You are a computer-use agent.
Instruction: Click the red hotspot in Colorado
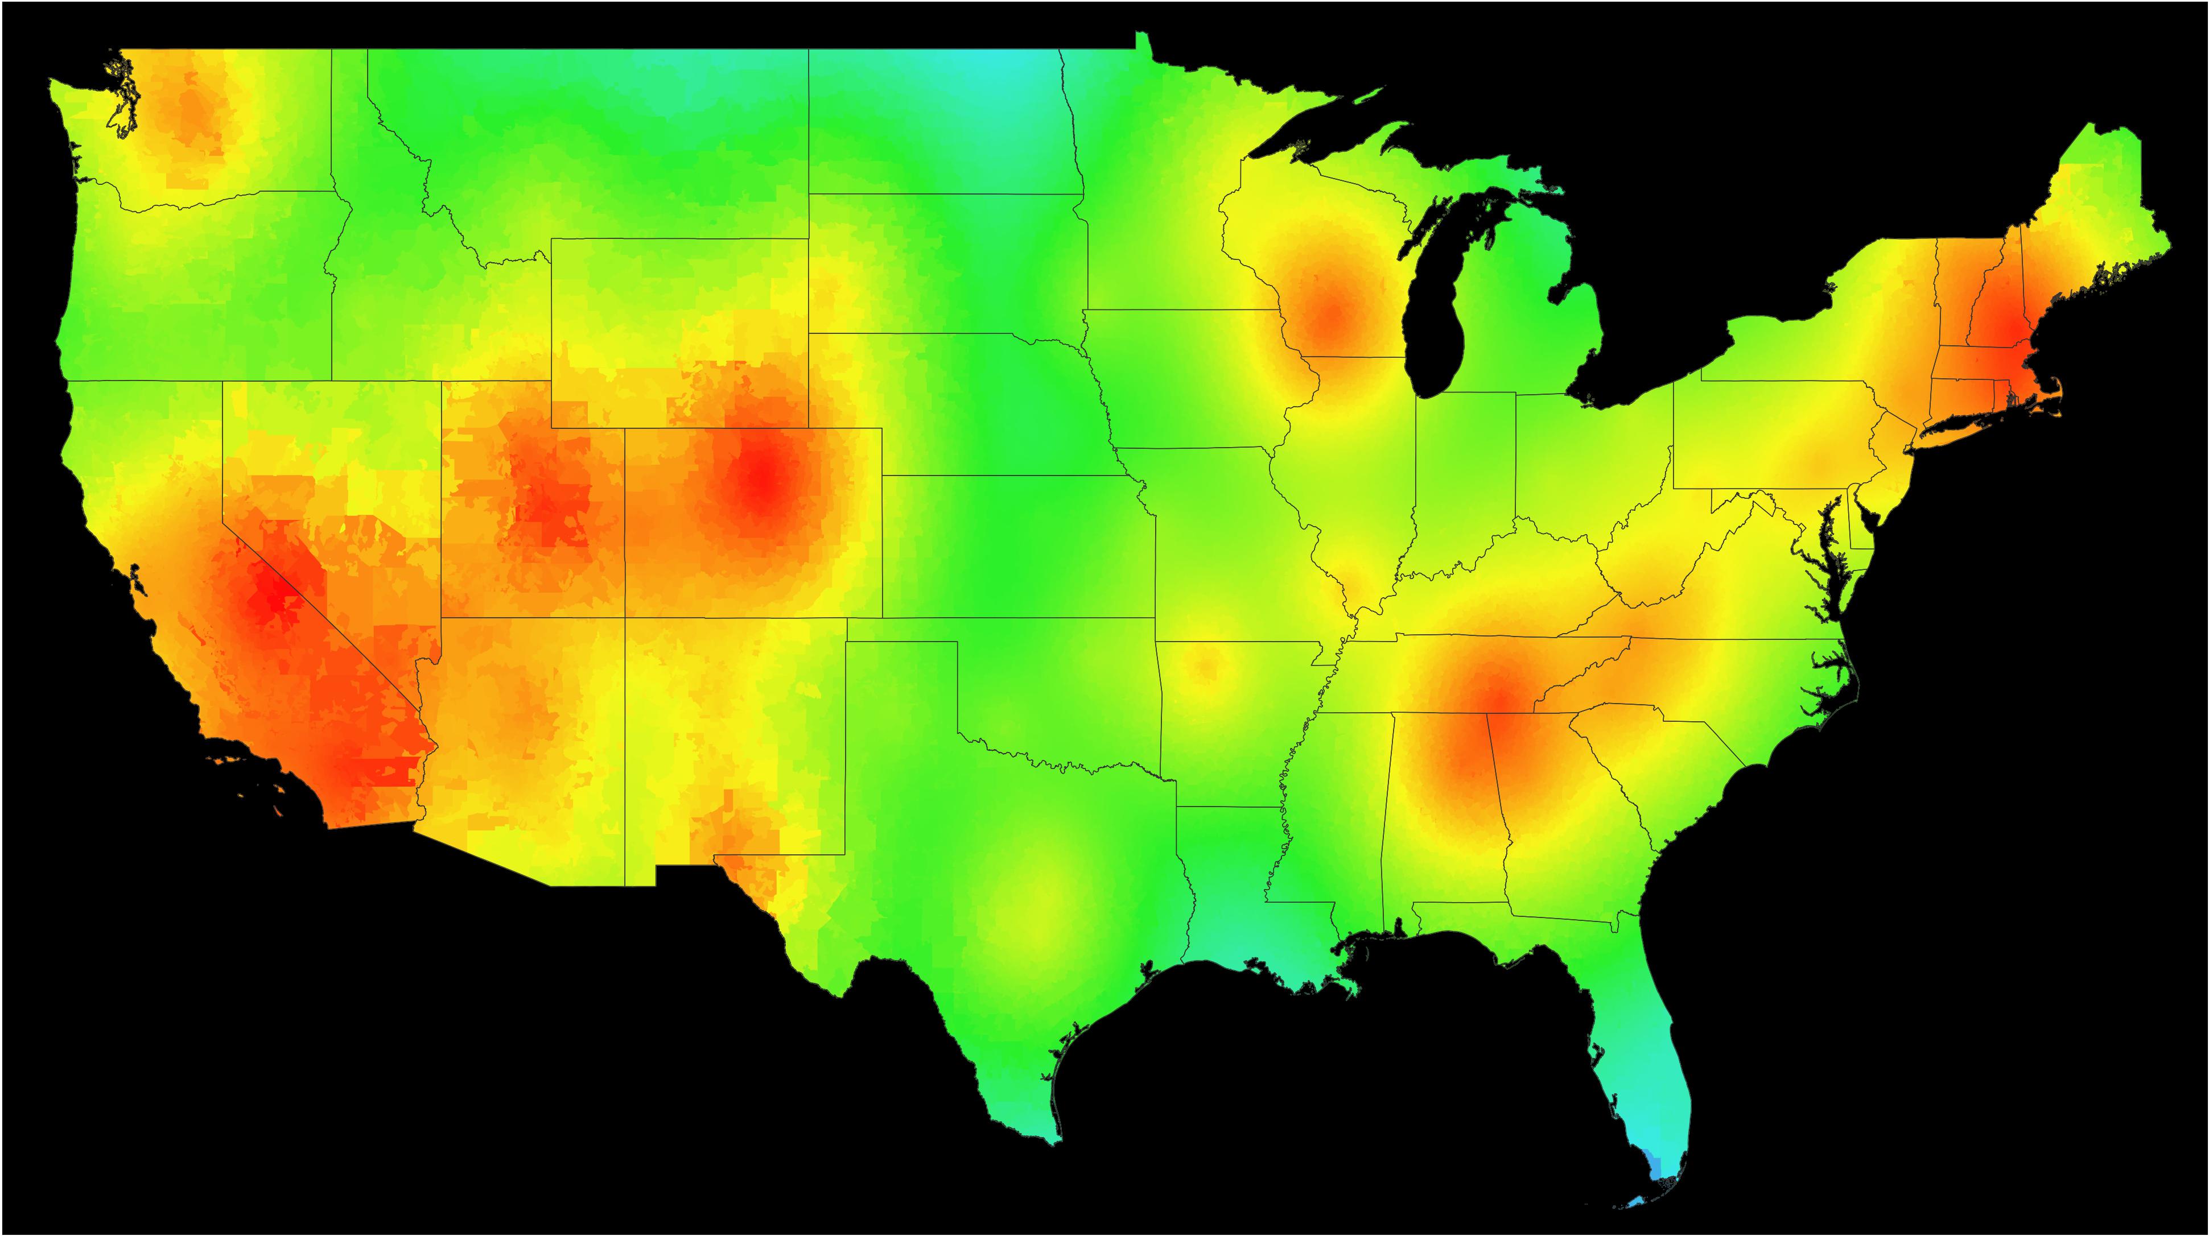tap(760, 480)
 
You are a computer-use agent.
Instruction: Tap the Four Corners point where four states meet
tap(625, 617)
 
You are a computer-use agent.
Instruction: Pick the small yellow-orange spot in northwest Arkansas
tap(1205, 664)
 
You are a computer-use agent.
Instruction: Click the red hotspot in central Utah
tap(545, 506)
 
